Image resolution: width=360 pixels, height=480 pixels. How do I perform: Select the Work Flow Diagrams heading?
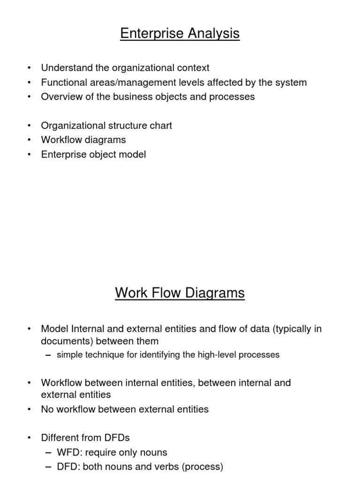pos(180,293)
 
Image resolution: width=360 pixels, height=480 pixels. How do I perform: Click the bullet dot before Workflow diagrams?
pos(30,140)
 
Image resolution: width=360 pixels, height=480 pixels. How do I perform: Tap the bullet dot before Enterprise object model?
pos(30,155)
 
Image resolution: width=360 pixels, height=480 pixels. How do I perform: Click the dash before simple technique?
pos(49,355)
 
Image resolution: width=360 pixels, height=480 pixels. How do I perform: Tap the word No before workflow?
pos(48,409)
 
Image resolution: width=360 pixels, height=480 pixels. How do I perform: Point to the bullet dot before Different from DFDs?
pos(30,438)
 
